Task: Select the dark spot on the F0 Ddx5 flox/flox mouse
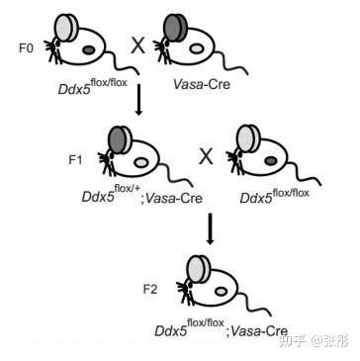click(x=88, y=49)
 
